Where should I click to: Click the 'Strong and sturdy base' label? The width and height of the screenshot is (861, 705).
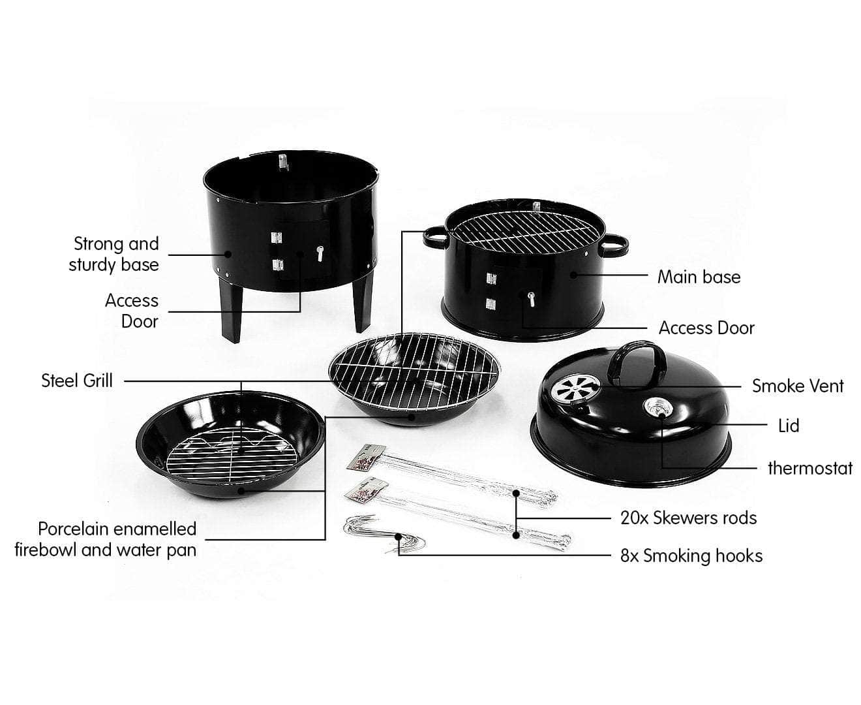[114, 254]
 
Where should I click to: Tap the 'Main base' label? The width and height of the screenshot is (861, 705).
[699, 277]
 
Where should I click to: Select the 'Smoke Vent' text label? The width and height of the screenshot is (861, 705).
[797, 386]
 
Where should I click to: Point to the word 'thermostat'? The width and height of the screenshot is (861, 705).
[809, 468]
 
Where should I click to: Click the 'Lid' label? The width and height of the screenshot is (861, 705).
[788, 426]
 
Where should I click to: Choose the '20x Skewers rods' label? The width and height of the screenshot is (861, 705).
[688, 518]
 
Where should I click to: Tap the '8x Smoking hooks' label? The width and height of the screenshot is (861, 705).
[691, 556]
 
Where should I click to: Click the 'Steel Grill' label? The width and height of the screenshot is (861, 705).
[77, 381]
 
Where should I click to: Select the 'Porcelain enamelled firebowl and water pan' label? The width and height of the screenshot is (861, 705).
[106, 539]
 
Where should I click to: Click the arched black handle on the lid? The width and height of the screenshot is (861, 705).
[636, 360]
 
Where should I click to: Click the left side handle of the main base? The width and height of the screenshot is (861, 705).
[434, 238]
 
